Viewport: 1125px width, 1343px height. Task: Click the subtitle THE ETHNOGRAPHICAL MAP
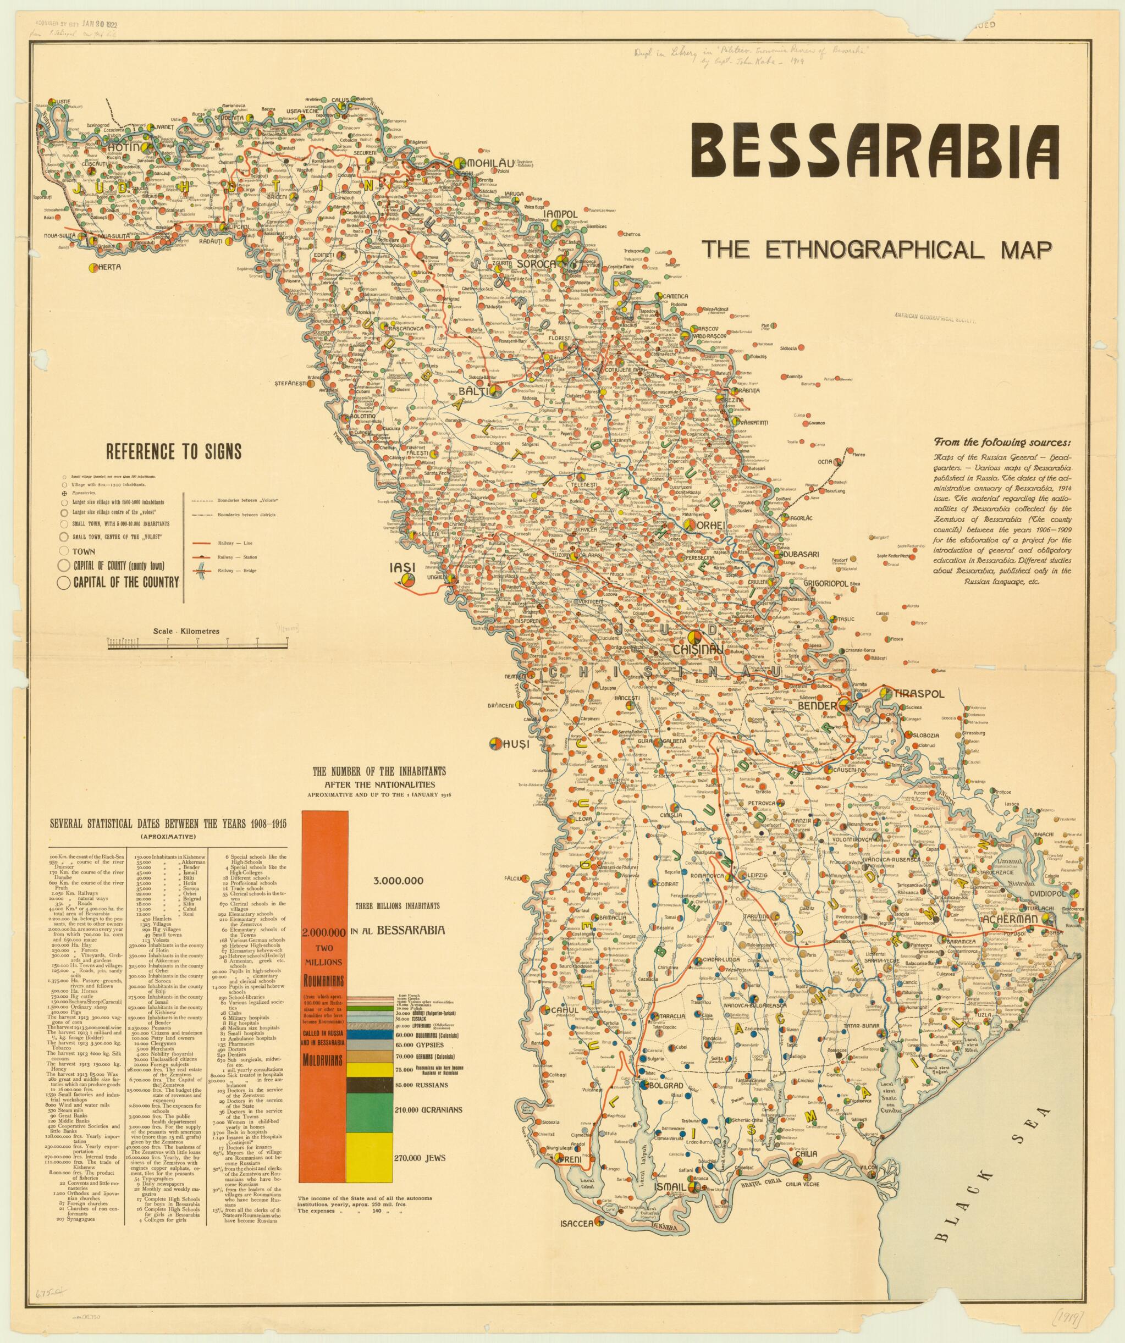pos(875,249)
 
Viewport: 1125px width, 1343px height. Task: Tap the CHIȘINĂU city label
pos(698,649)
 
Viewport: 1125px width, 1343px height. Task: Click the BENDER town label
pos(818,705)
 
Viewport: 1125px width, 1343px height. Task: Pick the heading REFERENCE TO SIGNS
pos(174,452)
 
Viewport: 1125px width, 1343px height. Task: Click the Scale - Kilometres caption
pos(186,631)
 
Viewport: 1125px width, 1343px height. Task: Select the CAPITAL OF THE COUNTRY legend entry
pos(125,583)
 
